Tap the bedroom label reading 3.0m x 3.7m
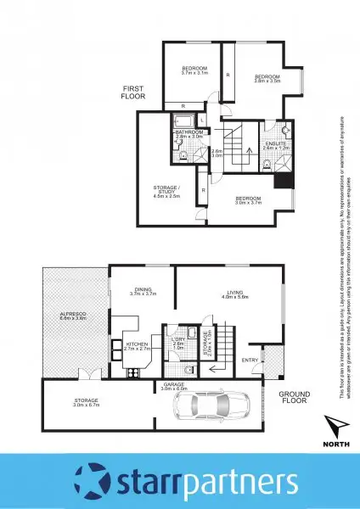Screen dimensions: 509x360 coord(248,201)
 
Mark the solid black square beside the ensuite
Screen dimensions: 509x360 coord(282,177)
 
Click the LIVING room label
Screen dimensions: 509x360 coord(232,294)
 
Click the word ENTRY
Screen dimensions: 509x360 coord(250,361)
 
